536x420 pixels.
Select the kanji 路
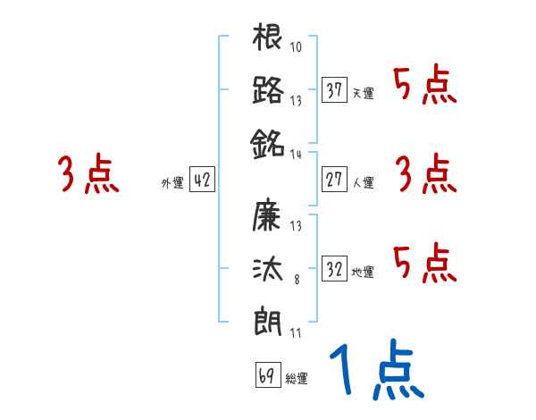(x=268, y=90)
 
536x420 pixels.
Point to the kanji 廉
(x=268, y=215)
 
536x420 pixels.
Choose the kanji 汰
(x=268, y=267)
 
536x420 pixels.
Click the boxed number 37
(x=335, y=90)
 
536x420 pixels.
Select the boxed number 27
(x=335, y=180)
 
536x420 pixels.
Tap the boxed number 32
(x=335, y=267)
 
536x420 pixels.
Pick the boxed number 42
(x=202, y=180)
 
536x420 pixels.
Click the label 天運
(x=364, y=93)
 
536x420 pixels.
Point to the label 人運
(x=364, y=182)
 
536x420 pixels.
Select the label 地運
(x=364, y=270)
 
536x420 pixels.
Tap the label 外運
(x=172, y=182)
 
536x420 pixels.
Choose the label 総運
(x=297, y=377)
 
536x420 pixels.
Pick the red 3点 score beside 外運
(x=88, y=174)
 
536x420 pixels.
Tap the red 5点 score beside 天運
(x=425, y=86)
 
